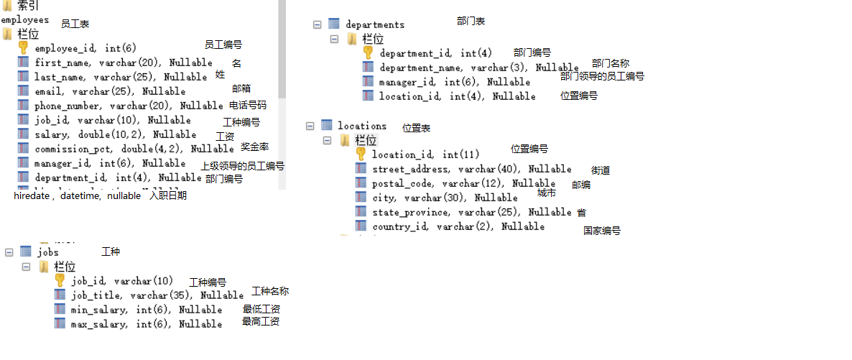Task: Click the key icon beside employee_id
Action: pyautogui.click(x=23, y=47)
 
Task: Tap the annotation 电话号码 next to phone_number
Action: pyautogui.click(x=247, y=105)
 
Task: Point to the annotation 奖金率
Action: pyautogui.click(x=255, y=147)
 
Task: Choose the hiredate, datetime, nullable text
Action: pyautogui.click(x=77, y=195)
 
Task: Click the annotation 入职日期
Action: pyautogui.click(x=168, y=195)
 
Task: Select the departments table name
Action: pyautogui.click(x=375, y=24)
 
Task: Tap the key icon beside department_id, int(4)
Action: pyautogui.click(x=368, y=52)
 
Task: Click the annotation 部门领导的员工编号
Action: pyautogui.click(x=602, y=76)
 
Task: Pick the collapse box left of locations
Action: pyautogui.click(x=310, y=125)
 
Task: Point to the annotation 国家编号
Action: pyautogui.click(x=602, y=231)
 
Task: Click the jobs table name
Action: pyautogui.click(x=47, y=251)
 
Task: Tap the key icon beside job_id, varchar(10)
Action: pyautogui.click(x=60, y=280)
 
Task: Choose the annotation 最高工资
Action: pyautogui.click(x=261, y=322)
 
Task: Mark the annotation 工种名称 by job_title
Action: pyautogui.click(x=270, y=291)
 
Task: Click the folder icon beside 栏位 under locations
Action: pyautogui.click(x=344, y=139)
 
